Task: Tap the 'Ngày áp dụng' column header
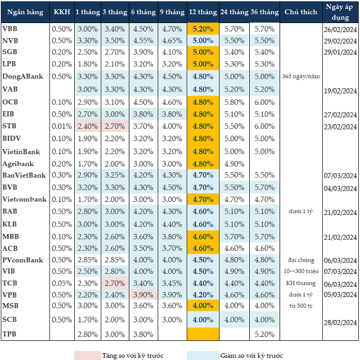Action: (341, 11)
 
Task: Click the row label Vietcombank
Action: (24, 199)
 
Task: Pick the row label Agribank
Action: (18, 164)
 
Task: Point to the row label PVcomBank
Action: (23, 260)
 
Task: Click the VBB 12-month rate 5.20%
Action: (202, 29)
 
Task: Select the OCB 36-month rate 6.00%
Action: (264, 102)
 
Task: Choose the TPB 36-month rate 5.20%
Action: (264, 334)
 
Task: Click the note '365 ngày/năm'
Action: (300, 76)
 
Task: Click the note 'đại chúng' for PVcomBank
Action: (300, 260)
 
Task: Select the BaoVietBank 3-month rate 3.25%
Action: (115, 175)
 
